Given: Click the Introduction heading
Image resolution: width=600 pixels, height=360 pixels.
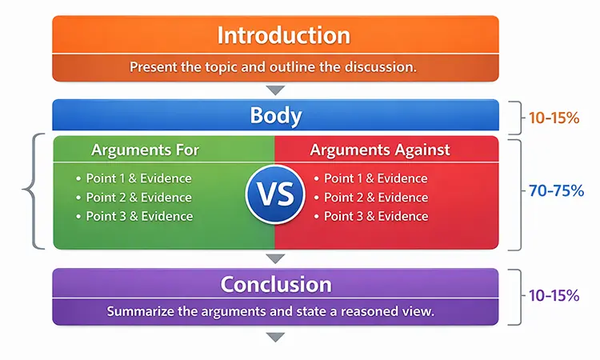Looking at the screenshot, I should click(x=283, y=36).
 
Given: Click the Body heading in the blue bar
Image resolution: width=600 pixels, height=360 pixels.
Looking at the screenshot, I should click(x=276, y=115).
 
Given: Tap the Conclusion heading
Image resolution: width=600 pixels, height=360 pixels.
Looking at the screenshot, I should click(x=276, y=284).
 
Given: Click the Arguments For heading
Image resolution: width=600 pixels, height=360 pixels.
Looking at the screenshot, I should click(x=145, y=150).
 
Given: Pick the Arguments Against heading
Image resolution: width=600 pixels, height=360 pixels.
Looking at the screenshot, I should click(x=380, y=150).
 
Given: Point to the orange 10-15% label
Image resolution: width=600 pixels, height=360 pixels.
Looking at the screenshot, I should click(x=554, y=118).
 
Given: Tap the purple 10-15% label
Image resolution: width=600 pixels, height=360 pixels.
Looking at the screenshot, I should click(x=554, y=295).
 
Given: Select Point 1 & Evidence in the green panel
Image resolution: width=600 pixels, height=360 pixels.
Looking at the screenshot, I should click(x=138, y=178).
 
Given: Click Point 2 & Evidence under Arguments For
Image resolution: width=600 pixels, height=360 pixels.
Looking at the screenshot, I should click(x=138, y=198).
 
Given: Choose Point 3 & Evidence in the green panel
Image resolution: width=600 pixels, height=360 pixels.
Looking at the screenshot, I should click(x=138, y=216).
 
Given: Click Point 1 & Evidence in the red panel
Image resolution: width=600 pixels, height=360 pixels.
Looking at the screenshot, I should click(x=375, y=178).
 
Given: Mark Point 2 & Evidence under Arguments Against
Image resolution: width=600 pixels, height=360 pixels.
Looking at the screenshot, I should click(x=375, y=198).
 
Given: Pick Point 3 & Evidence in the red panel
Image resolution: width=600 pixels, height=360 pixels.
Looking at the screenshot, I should click(x=375, y=216).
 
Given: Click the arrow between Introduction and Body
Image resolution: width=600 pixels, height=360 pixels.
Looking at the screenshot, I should click(x=276, y=90).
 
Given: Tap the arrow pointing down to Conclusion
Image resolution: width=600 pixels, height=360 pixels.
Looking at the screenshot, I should click(x=276, y=258).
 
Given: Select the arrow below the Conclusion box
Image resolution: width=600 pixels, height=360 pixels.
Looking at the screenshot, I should click(x=276, y=337).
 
